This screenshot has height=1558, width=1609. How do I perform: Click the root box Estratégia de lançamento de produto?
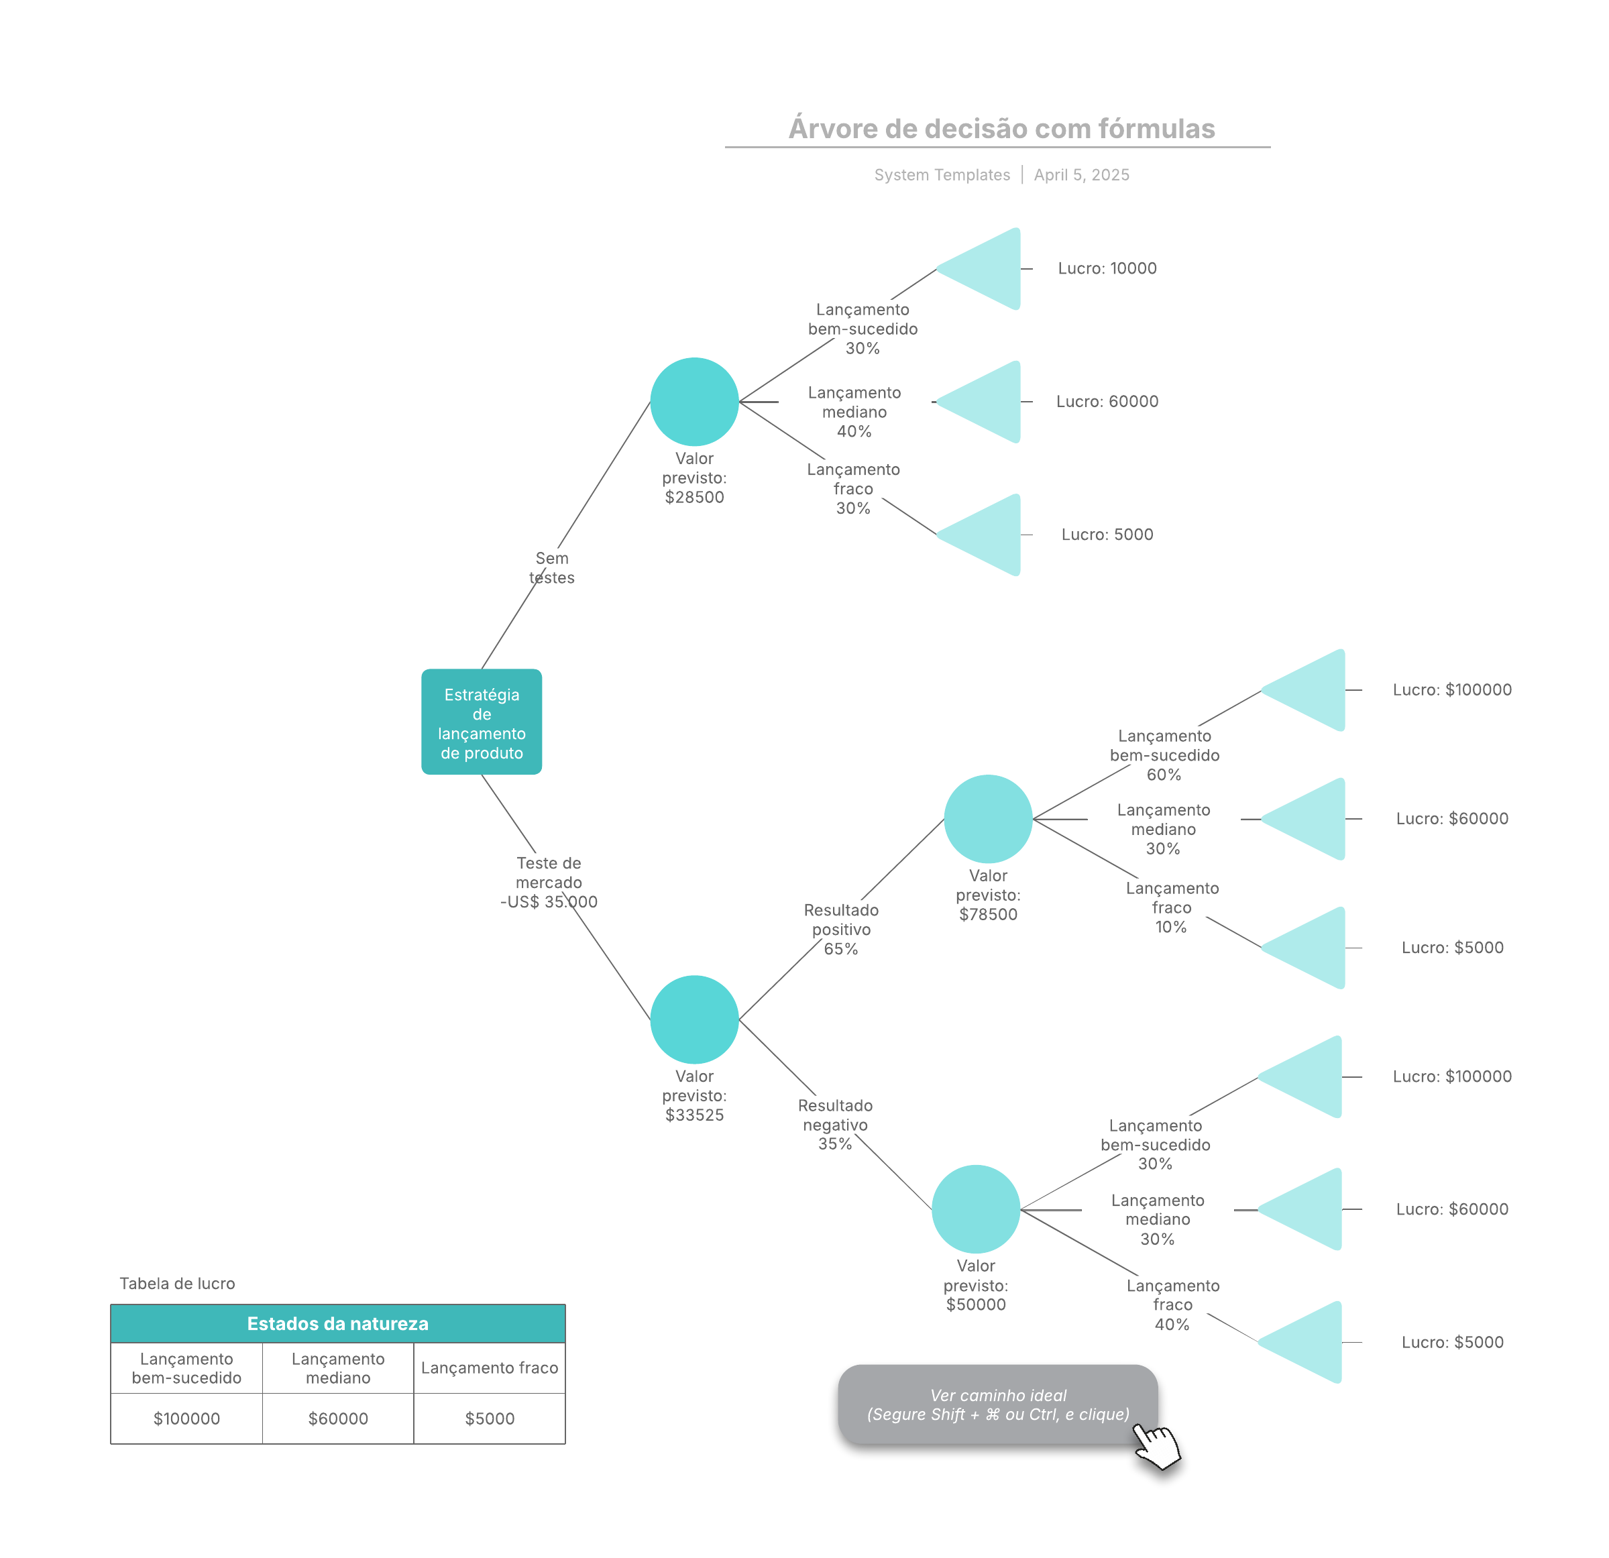click(x=481, y=722)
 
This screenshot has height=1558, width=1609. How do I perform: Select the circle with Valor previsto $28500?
click(x=693, y=401)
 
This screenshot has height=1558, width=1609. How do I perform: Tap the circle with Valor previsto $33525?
click(x=693, y=1019)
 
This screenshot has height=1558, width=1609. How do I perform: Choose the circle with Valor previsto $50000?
click(x=975, y=1209)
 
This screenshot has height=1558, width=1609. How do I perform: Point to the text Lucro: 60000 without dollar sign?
click(x=1107, y=401)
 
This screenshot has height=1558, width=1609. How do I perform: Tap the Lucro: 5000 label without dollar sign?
click(x=1107, y=535)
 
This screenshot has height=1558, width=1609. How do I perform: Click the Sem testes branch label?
click(x=552, y=567)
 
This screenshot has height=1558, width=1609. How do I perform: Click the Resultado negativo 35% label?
click(x=835, y=1124)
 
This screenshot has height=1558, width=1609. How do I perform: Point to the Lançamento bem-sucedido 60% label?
click(x=1164, y=755)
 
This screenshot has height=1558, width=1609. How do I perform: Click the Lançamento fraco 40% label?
click(x=1172, y=1304)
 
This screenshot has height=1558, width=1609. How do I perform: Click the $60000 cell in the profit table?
click(x=337, y=1418)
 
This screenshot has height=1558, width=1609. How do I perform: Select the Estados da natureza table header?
click(x=337, y=1323)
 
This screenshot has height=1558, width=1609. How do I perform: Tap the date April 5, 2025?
click(x=1081, y=175)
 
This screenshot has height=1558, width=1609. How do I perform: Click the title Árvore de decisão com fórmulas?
click(x=1001, y=129)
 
